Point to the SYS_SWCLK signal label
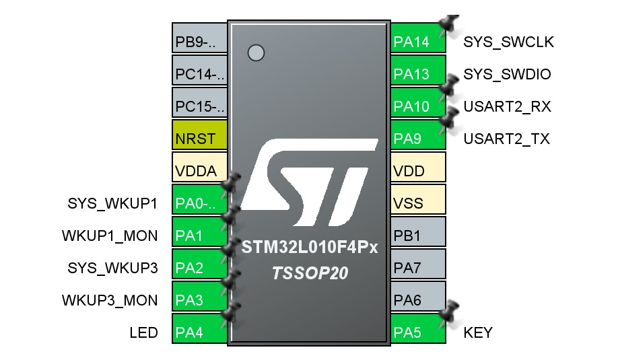[508, 42]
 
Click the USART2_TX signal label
[506, 139]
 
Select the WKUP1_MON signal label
[110, 236]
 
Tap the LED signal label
[143, 332]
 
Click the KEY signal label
[478, 332]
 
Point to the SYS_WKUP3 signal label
[112, 268]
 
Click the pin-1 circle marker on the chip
[256, 52]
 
